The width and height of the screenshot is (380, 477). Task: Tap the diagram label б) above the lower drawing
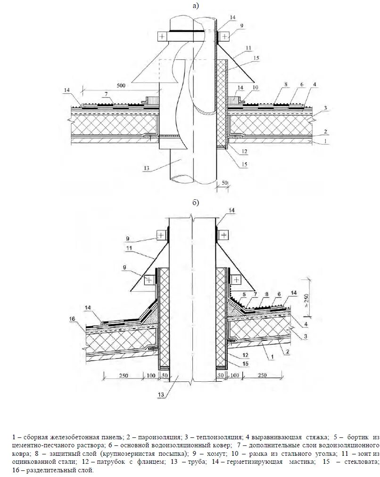point(196,202)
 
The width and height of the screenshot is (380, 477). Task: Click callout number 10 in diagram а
point(255,88)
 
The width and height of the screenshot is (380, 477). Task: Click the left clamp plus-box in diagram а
point(162,36)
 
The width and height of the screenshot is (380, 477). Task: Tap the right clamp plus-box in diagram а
point(224,36)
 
